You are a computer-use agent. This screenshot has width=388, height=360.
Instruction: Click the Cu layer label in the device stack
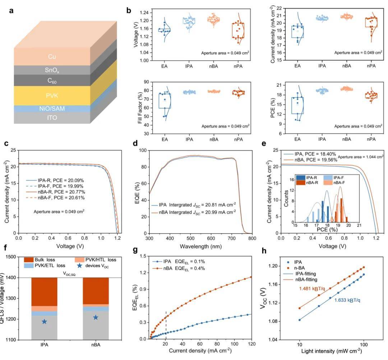coord(52,57)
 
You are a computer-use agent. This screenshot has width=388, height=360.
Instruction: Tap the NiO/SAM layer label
coord(52,108)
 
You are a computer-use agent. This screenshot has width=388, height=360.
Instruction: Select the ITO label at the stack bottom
coord(52,118)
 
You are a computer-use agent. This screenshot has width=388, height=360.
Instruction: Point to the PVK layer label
coord(52,95)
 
